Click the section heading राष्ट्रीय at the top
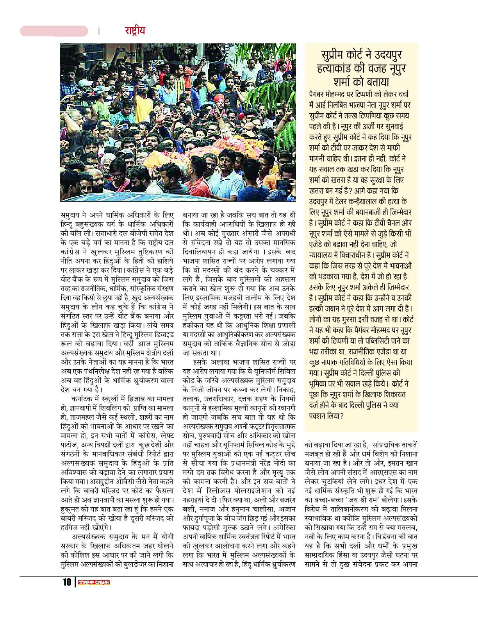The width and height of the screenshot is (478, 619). [135, 30]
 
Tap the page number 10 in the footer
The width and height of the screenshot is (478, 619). [67, 582]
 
